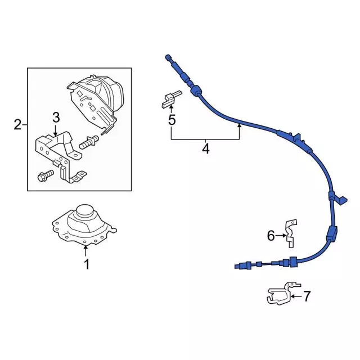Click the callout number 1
point(87,264)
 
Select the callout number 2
point(17,124)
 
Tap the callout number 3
point(56,118)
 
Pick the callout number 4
point(205,149)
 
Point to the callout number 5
point(172,119)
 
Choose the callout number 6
point(271,236)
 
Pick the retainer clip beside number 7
point(279,295)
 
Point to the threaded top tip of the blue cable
point(168,57)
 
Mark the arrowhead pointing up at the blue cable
point(239,127)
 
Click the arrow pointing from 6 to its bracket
point(281,236)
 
